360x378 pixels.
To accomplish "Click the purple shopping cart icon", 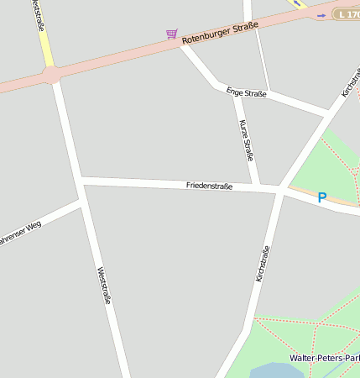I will pyautogui.click(x=171, y=34).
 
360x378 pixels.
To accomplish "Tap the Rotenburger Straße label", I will pyautogui.click(x=220, y=33).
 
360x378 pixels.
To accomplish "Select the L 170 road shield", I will pyautogui.click(x=346, y=14).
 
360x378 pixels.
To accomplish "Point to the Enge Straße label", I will pyautogui.click(x=246, y=92).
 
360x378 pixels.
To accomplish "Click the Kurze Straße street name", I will pyautogui.click(x=246, y=139).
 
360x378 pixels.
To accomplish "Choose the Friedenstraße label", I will pyautogui.click(x=209, y=185).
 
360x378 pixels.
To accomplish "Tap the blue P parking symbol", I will pyautogui.click(x=321, y=198).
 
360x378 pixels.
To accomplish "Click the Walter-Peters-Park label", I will pyautogui.click(x=325, y=358).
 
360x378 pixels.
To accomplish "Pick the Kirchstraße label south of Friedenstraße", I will pyautogui.click(x=263, y=263).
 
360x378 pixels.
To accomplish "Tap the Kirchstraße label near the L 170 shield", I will pyautogui.click(x=351, y=81).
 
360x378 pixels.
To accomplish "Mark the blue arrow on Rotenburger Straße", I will pyautogui.click(x=321, y=15).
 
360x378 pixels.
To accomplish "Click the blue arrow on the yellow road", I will pyautogui.click(x=295, y=3).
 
